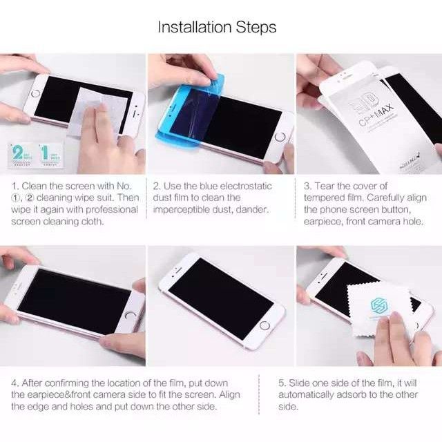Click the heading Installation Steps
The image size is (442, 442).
coord(217,28)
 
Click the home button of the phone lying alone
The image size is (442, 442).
coord(264,325)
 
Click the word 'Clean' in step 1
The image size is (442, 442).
coord(35,186)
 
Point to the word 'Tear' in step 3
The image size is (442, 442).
coord(328,186)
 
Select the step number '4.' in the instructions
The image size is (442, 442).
coord(15,383)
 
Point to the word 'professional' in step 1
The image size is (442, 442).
coord(109,210)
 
